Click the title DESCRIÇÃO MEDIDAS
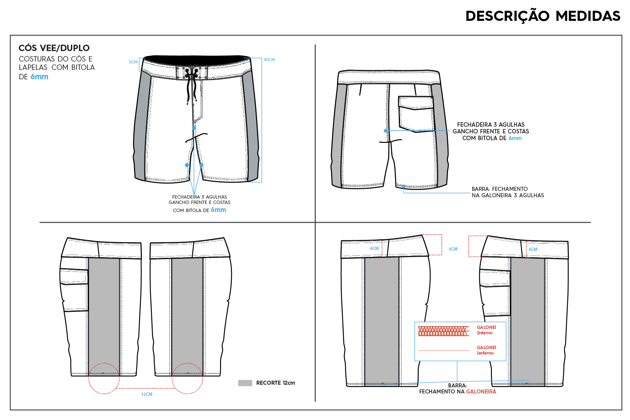543,16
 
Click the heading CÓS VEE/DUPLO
54,48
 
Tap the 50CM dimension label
269,60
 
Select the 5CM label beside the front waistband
133,62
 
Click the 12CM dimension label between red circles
147,394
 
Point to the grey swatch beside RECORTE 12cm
245,383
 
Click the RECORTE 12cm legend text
276,383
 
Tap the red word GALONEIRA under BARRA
481,391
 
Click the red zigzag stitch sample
443,331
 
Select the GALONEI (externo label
486,350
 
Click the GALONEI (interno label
486,330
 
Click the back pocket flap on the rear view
416,103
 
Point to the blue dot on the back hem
404,186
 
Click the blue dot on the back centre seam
386,131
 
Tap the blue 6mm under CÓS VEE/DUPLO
39,77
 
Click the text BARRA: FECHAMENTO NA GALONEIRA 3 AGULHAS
508,192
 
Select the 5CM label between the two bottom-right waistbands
453,249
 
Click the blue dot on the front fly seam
194,128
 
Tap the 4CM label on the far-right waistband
533,250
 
